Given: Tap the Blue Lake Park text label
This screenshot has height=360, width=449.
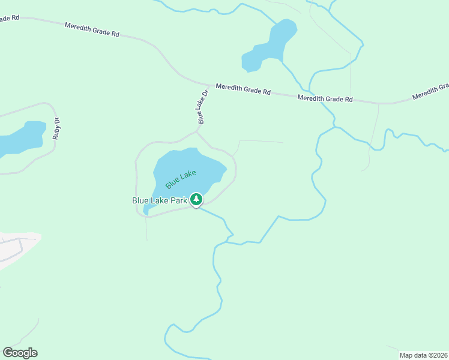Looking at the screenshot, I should coord(160,200).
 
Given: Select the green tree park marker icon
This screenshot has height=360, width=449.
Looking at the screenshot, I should coord(196,199).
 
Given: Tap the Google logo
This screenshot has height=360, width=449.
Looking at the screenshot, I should coord(20,353).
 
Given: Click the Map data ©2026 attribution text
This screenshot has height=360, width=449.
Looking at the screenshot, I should coord(424,355).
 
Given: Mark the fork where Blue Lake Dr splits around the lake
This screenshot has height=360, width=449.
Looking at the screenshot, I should coord(197,131).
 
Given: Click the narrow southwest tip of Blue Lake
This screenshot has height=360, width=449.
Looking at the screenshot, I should coord(146,212).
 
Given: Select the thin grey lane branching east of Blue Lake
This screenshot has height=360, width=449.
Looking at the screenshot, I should coord(261,142).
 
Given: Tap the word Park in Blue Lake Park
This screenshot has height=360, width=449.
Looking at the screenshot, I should coord(178,200).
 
